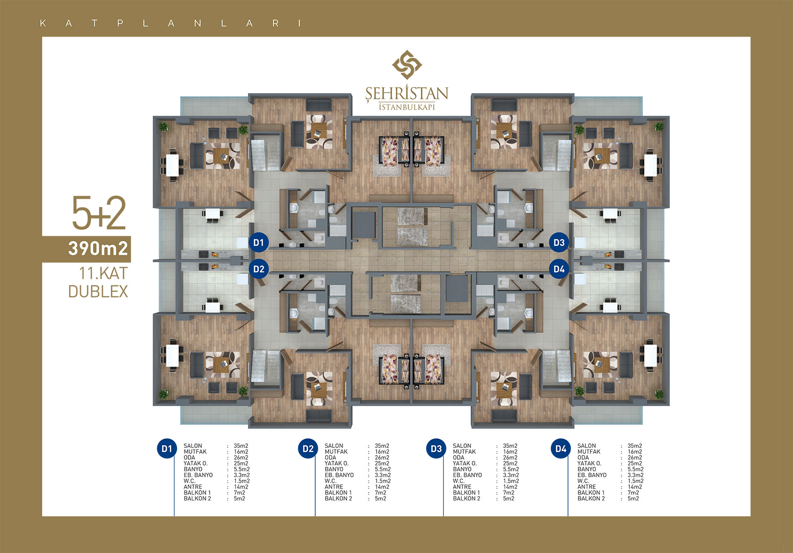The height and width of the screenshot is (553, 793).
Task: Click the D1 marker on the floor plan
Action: click(x=258, y=242)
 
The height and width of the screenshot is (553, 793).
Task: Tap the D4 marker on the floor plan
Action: click(x=559, y=269)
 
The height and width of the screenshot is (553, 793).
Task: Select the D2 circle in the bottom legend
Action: click(x=308, y=448)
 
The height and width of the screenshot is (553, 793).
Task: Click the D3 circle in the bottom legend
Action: click(x=436, y=448)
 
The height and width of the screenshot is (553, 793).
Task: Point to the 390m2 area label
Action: click(x=98, y=249)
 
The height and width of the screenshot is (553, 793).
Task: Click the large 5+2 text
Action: click(x=99, y=213)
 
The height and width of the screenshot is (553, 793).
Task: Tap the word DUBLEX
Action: click(x=98, y=292)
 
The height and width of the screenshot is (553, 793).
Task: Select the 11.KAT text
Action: click(x=103, y=274)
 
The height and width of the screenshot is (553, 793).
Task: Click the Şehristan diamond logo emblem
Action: click(x=407, y=65)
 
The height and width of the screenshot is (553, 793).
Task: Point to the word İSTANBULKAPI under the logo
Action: click(x=407, y=107)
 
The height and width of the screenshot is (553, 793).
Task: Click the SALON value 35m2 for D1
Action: click(x=241, y=446)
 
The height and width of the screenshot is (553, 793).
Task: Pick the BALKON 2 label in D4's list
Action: click(x=591, y=498)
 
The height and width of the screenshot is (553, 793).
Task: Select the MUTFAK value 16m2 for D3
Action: click(x=510, y=452)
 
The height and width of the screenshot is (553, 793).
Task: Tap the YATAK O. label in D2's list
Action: click(x=337, y=463)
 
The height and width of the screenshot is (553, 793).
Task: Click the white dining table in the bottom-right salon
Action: click(x=650, y=355)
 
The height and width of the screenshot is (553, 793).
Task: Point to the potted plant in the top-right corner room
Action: click(x=659, y=127)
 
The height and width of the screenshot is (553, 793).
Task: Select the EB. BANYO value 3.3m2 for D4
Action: click(x=635, y=475)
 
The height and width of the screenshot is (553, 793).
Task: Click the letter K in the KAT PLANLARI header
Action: click(x=43, y=23)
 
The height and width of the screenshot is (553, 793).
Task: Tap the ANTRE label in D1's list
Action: click(x=193, y=487)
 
